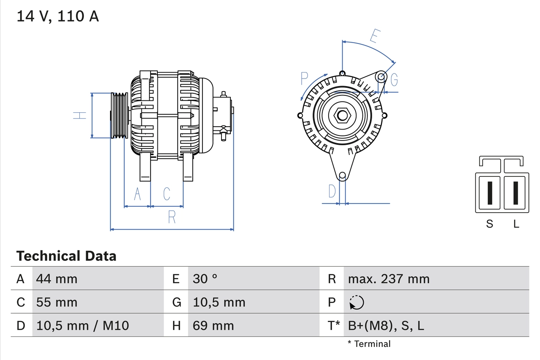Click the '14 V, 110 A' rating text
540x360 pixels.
pos(57,16)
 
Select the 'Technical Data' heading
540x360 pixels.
pos(66,256)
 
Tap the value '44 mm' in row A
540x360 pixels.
pos(57,279)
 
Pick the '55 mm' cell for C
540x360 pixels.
pos(57,302)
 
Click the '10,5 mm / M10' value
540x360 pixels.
pos(83,325)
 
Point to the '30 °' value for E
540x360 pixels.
pos(205,279)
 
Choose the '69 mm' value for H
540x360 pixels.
pos(213,325)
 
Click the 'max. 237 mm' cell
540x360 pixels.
pos(389,279)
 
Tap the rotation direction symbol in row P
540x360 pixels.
pos(356,302)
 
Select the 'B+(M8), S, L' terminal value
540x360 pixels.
pos(386,325)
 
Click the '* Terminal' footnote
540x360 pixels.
pos(369,344)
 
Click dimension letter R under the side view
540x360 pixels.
pos(172,217)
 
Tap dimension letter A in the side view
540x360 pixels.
pos(137,194)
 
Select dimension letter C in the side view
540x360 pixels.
pos(167,194)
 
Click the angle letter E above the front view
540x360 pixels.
pos(374,36)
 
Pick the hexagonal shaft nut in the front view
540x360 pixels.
pos(342,115)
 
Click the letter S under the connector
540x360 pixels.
pos(489,224)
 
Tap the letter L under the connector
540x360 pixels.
pos(516,224)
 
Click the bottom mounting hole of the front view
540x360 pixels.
pos(343,175)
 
